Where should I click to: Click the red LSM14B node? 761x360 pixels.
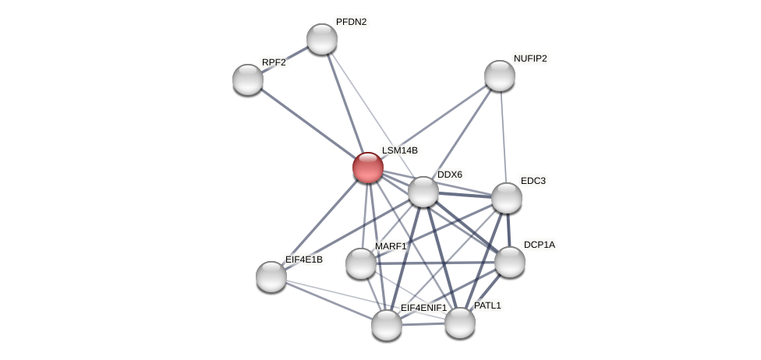click(368, 168)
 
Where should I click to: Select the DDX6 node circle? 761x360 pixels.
click(423, 192)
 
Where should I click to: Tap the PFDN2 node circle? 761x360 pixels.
click(322, 39)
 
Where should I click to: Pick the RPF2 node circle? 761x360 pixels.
click(248, 79)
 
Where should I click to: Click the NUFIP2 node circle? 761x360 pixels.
click(500, 76)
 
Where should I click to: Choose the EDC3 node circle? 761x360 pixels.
click(507, 198)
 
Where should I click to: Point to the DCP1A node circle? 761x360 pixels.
click(510, 262)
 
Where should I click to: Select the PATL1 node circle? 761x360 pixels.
click(460, 323)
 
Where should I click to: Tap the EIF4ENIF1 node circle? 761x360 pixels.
click(387, 325)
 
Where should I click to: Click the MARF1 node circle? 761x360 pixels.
click(361, 263)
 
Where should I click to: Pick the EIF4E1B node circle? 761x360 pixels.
click(271, 277)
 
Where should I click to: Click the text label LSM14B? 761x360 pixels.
click(400, 150)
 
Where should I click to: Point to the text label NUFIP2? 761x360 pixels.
click(530, 58)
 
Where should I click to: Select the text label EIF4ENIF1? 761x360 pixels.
click(423, 308)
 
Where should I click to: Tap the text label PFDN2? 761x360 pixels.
click(351, 22)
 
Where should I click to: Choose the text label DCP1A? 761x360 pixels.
click(540, 245)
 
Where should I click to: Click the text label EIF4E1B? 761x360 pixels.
click(303, 259)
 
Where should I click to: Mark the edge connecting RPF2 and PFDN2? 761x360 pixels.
click(285, 59)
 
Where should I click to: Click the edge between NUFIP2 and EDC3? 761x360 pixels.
click(503, 136)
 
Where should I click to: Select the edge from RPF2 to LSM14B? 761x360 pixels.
click(308, 123)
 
